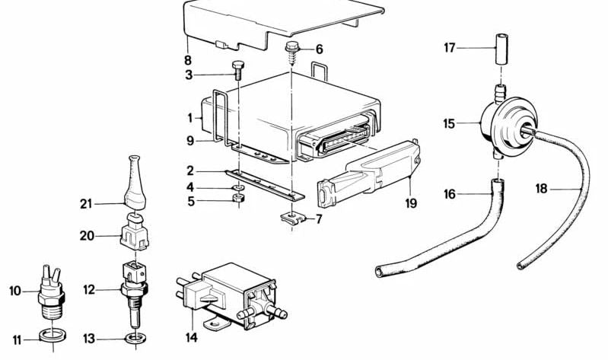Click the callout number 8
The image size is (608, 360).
187,59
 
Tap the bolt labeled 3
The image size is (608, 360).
237,69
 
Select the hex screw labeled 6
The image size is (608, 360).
292,53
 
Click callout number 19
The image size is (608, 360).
410,203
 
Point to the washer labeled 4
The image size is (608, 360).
237,187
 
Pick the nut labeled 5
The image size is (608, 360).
237,201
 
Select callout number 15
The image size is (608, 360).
450,123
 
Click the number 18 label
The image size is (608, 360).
541,188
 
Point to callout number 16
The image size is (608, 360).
450,195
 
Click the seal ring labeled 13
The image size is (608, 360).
133,336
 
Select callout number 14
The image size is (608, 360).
190,336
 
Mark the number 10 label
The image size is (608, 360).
15,290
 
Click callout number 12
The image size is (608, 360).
88,289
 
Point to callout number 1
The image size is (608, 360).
190,118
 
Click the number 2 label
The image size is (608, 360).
190,171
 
